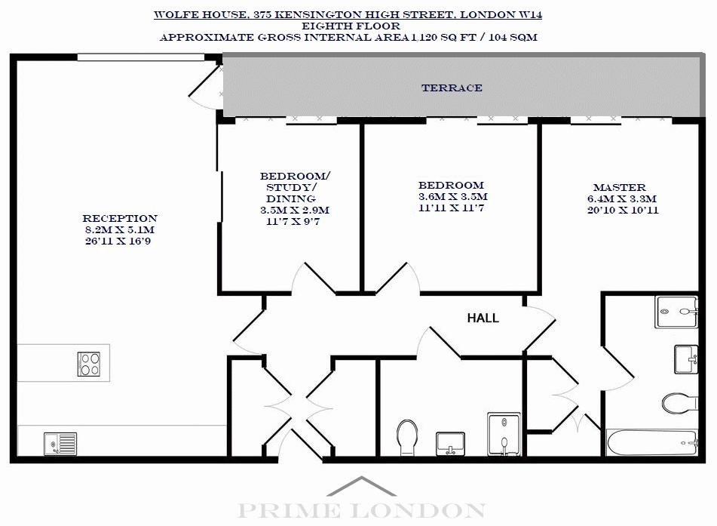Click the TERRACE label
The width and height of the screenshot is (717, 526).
452,88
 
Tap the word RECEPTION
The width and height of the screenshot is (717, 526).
120,218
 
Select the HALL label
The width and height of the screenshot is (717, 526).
483,318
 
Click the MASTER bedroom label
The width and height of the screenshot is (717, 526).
620,187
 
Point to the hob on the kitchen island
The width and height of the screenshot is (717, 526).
89,364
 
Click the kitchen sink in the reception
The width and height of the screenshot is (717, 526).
60,444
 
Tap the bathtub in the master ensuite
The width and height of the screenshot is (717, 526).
652,442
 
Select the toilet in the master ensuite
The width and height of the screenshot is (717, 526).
679,403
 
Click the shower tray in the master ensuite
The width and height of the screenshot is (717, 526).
676,312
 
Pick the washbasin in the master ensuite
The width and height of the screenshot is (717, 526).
686,359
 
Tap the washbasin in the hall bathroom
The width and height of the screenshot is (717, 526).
450,444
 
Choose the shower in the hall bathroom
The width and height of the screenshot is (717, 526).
504,434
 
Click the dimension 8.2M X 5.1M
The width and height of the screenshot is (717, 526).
119,230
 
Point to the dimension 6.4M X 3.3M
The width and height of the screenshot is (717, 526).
622,198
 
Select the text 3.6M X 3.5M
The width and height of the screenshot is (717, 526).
452,196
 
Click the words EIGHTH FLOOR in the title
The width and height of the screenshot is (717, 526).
351,26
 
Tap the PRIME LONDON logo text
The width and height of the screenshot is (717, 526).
361,510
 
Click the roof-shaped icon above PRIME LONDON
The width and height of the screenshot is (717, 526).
361,486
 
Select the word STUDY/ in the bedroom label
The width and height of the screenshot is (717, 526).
291,188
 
